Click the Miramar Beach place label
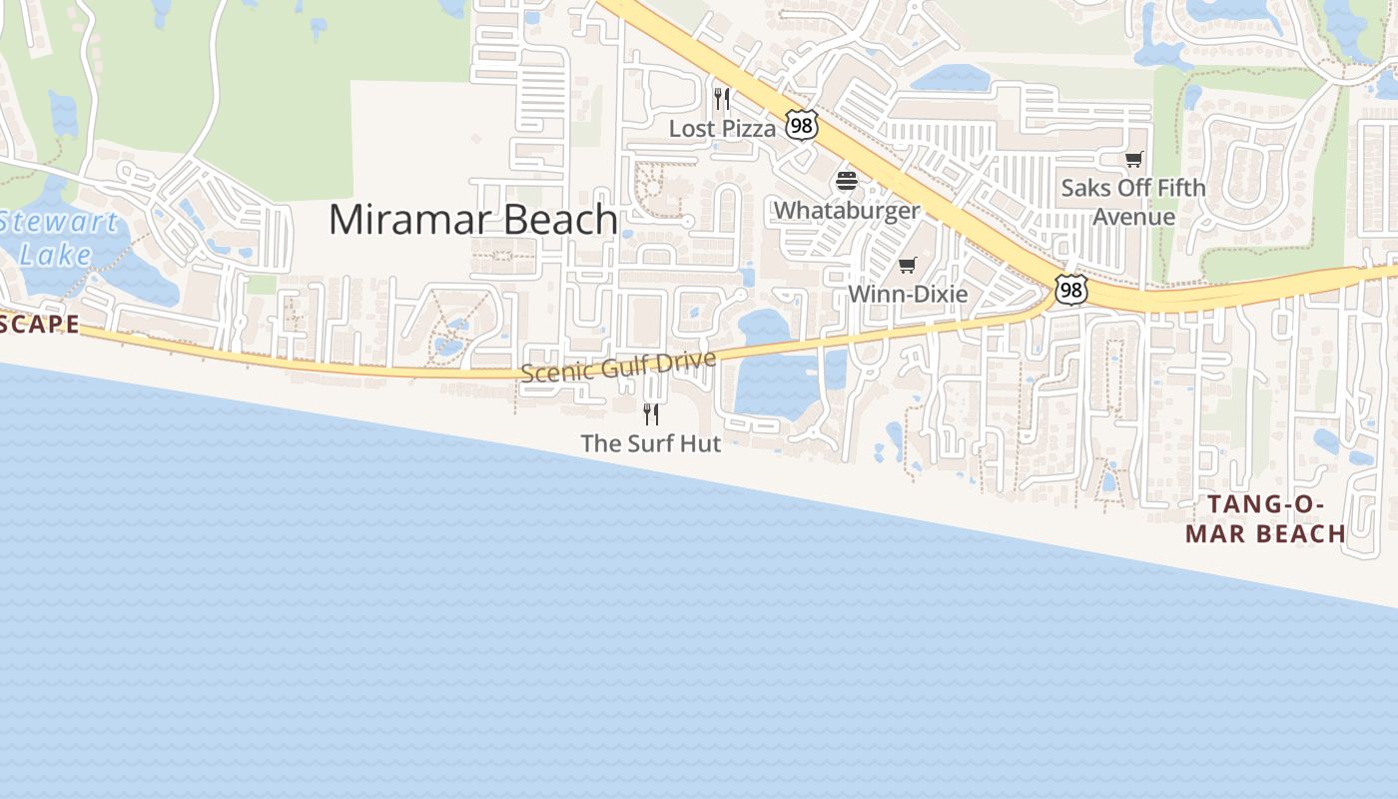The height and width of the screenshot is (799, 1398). [472, 220]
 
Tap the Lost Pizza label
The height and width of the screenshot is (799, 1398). [722, 129]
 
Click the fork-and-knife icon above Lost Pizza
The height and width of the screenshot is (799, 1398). [722, 98]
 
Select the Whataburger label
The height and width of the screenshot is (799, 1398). [847, 211]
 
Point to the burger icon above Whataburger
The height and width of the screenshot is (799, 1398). [847, 181]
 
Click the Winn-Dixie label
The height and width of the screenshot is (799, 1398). [908, 295]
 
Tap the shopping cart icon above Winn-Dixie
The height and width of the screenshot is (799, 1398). [907, 265]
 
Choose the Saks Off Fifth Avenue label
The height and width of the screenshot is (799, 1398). [1133, 202]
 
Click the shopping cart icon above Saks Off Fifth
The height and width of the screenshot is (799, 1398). [1133, 159]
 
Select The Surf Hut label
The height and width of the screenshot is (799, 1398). [651, 443]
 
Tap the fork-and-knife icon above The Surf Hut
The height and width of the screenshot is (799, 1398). [651, 413]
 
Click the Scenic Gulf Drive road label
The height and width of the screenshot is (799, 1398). [619, 367]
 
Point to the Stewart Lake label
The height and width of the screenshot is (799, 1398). [57, 238]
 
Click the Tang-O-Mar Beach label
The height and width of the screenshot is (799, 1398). [1266, 518]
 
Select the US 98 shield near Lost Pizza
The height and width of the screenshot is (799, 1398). [801, 124]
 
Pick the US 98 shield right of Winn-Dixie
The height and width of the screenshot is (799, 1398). [1070, 290]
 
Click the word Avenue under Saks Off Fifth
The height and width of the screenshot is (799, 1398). [1133, 217]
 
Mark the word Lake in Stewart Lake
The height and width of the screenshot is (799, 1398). [55, 255]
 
